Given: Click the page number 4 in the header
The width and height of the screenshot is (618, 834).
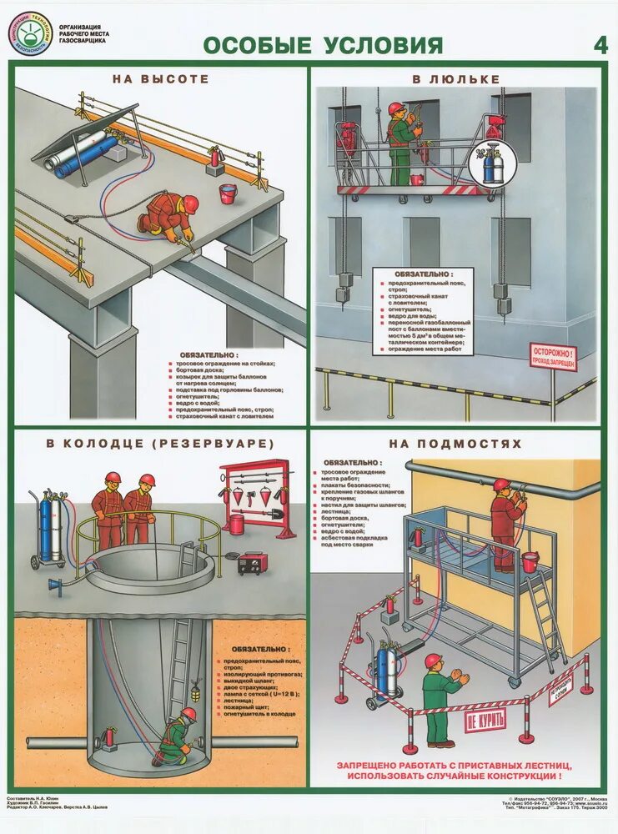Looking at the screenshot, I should tap(600, 45).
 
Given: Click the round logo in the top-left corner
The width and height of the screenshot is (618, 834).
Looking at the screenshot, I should tap(30, 33).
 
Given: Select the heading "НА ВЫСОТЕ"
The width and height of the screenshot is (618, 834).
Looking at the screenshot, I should tap(160, 79).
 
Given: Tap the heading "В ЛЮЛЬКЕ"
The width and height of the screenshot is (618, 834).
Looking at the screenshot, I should tap(455, 79).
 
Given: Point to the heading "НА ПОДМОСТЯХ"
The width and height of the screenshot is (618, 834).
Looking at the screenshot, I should tap(456, 444).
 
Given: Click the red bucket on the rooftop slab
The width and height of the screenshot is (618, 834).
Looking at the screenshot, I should tap(228, 193).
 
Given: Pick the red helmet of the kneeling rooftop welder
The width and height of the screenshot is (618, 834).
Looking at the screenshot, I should tap(191, 203).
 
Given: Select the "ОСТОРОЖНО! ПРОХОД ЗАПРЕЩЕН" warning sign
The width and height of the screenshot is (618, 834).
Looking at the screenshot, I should tap(553, 356).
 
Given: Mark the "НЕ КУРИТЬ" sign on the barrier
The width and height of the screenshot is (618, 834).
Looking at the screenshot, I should tap(485, 720).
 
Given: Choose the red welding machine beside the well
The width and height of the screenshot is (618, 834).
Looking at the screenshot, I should tap(252, 563).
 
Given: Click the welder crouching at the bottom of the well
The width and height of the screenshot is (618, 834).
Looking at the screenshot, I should tap(177, 737).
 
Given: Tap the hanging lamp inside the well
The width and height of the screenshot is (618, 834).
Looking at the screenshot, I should tap(195, 691).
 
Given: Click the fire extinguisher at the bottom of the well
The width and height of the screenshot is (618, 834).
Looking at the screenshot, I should tap(108, 739).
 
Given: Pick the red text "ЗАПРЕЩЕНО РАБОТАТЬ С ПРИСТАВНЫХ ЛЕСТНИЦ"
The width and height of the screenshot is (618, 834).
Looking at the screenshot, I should tap(455, 765).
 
